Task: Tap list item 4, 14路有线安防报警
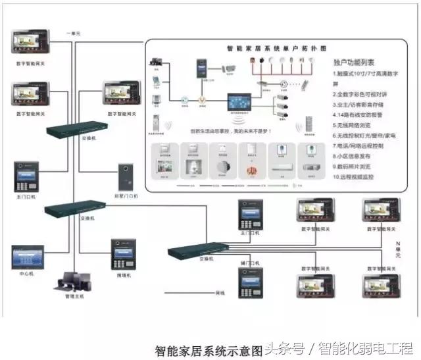(360, 116)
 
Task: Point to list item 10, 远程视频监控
(358, 177)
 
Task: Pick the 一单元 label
(74, 32)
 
